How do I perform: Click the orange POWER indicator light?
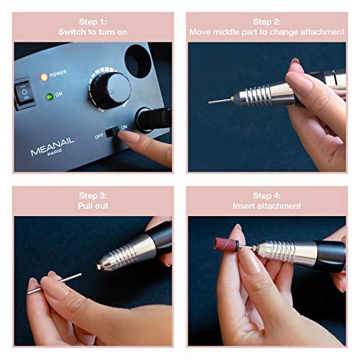coord(44,76)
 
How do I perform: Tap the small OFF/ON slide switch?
coord(113,132)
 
